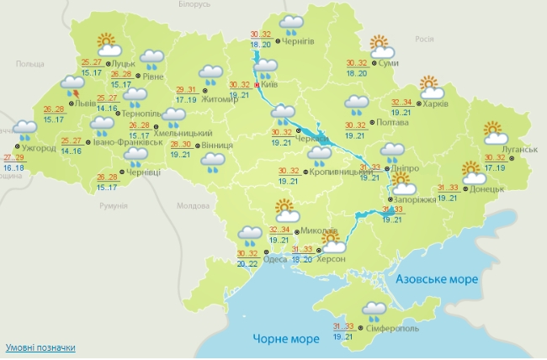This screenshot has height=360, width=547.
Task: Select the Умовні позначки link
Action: (x=40, y=347)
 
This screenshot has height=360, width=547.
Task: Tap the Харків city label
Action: (x=436, y=104)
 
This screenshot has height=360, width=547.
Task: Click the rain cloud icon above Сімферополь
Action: (x=374, y=310)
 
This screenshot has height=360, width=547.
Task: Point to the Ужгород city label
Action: (x=39, y=148)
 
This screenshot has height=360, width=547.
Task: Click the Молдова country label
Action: (x=192, y=205)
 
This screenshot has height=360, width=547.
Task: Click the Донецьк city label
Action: (x=487, y=189)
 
